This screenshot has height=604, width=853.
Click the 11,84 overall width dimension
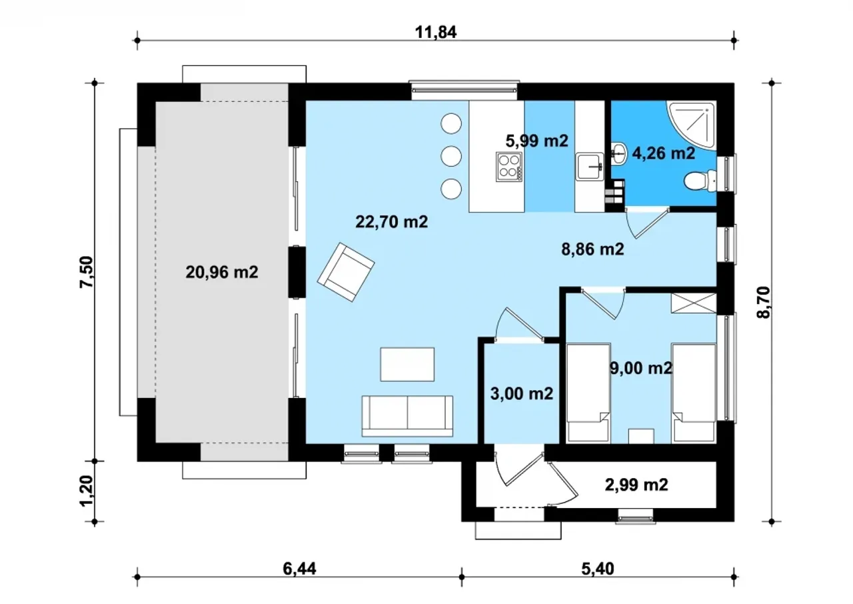pos(436,33)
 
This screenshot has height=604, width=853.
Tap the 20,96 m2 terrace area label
pos(222,272)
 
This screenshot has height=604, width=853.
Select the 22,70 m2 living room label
pos(391,221)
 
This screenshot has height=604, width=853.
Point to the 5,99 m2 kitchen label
pos(537,141)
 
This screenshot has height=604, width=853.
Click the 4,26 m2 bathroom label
pos(664,153)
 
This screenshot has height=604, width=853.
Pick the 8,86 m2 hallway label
pos(593,249)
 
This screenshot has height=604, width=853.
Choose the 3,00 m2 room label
pos(521,393)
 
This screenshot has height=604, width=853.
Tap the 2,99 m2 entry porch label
pos(636,485)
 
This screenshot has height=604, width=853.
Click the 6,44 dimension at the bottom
pos(299,569)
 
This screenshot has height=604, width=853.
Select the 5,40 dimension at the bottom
pos(598,569)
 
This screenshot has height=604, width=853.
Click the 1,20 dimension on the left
pos(86,491)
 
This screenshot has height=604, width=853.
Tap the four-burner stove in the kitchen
pos(508,167)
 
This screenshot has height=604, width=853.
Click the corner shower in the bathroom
pos(691,125)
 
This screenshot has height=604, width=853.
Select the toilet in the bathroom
pos(700,181)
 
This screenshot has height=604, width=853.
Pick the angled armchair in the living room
pos(346,272)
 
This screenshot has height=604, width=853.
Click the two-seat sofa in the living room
pos(407,416)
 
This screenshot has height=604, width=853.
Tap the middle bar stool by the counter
pos(451,156)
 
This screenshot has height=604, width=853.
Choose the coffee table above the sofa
pos(407,364)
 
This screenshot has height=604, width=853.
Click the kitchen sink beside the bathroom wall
pos(590,167)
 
